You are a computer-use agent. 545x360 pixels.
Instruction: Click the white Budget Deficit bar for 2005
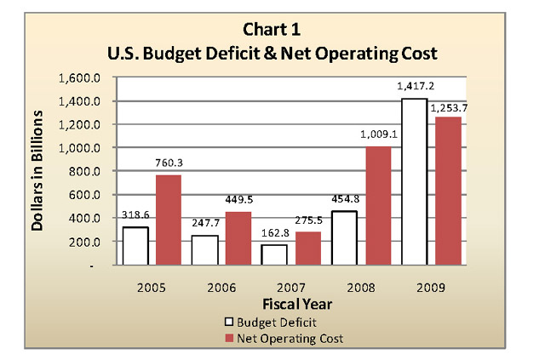click(x=136, y=246)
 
